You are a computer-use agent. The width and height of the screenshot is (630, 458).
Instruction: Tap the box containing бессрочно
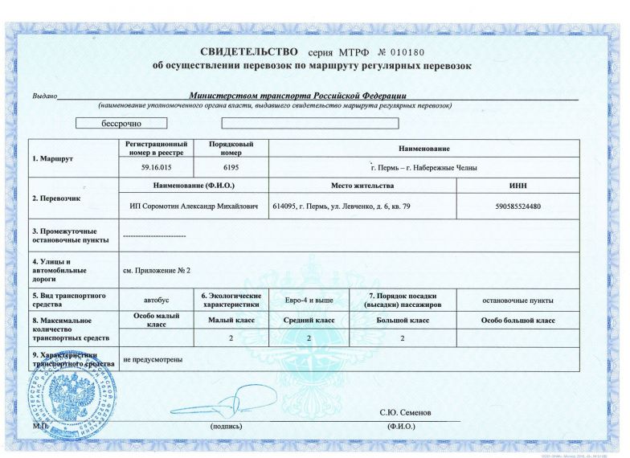(x=121, y=124)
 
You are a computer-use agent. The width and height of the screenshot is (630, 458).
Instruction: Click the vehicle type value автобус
(x=157, y=301)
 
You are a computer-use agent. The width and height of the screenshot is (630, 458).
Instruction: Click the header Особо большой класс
(x=517, y=321)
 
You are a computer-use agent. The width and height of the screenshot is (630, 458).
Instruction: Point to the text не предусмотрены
(x=153, y=359)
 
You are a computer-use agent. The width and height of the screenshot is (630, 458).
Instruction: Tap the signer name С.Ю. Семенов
(x=406, y=412)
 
